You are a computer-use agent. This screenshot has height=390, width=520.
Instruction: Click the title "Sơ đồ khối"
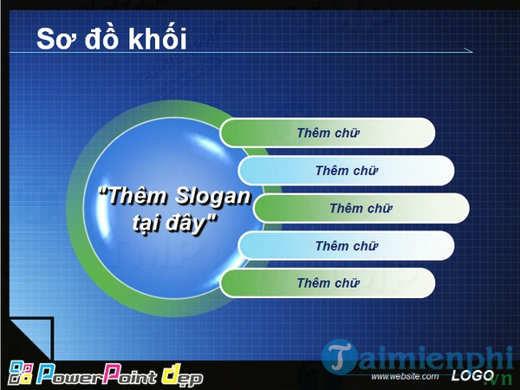111,39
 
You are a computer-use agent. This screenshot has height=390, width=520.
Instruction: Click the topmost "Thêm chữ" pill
328,133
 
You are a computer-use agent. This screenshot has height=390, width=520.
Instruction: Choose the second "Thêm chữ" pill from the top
347,171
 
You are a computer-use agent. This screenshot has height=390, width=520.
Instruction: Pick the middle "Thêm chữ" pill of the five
361,208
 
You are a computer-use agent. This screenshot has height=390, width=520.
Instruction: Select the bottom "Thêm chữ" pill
328,283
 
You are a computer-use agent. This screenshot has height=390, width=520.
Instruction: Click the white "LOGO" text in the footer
472,376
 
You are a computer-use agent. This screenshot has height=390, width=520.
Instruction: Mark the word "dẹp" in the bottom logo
181,376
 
